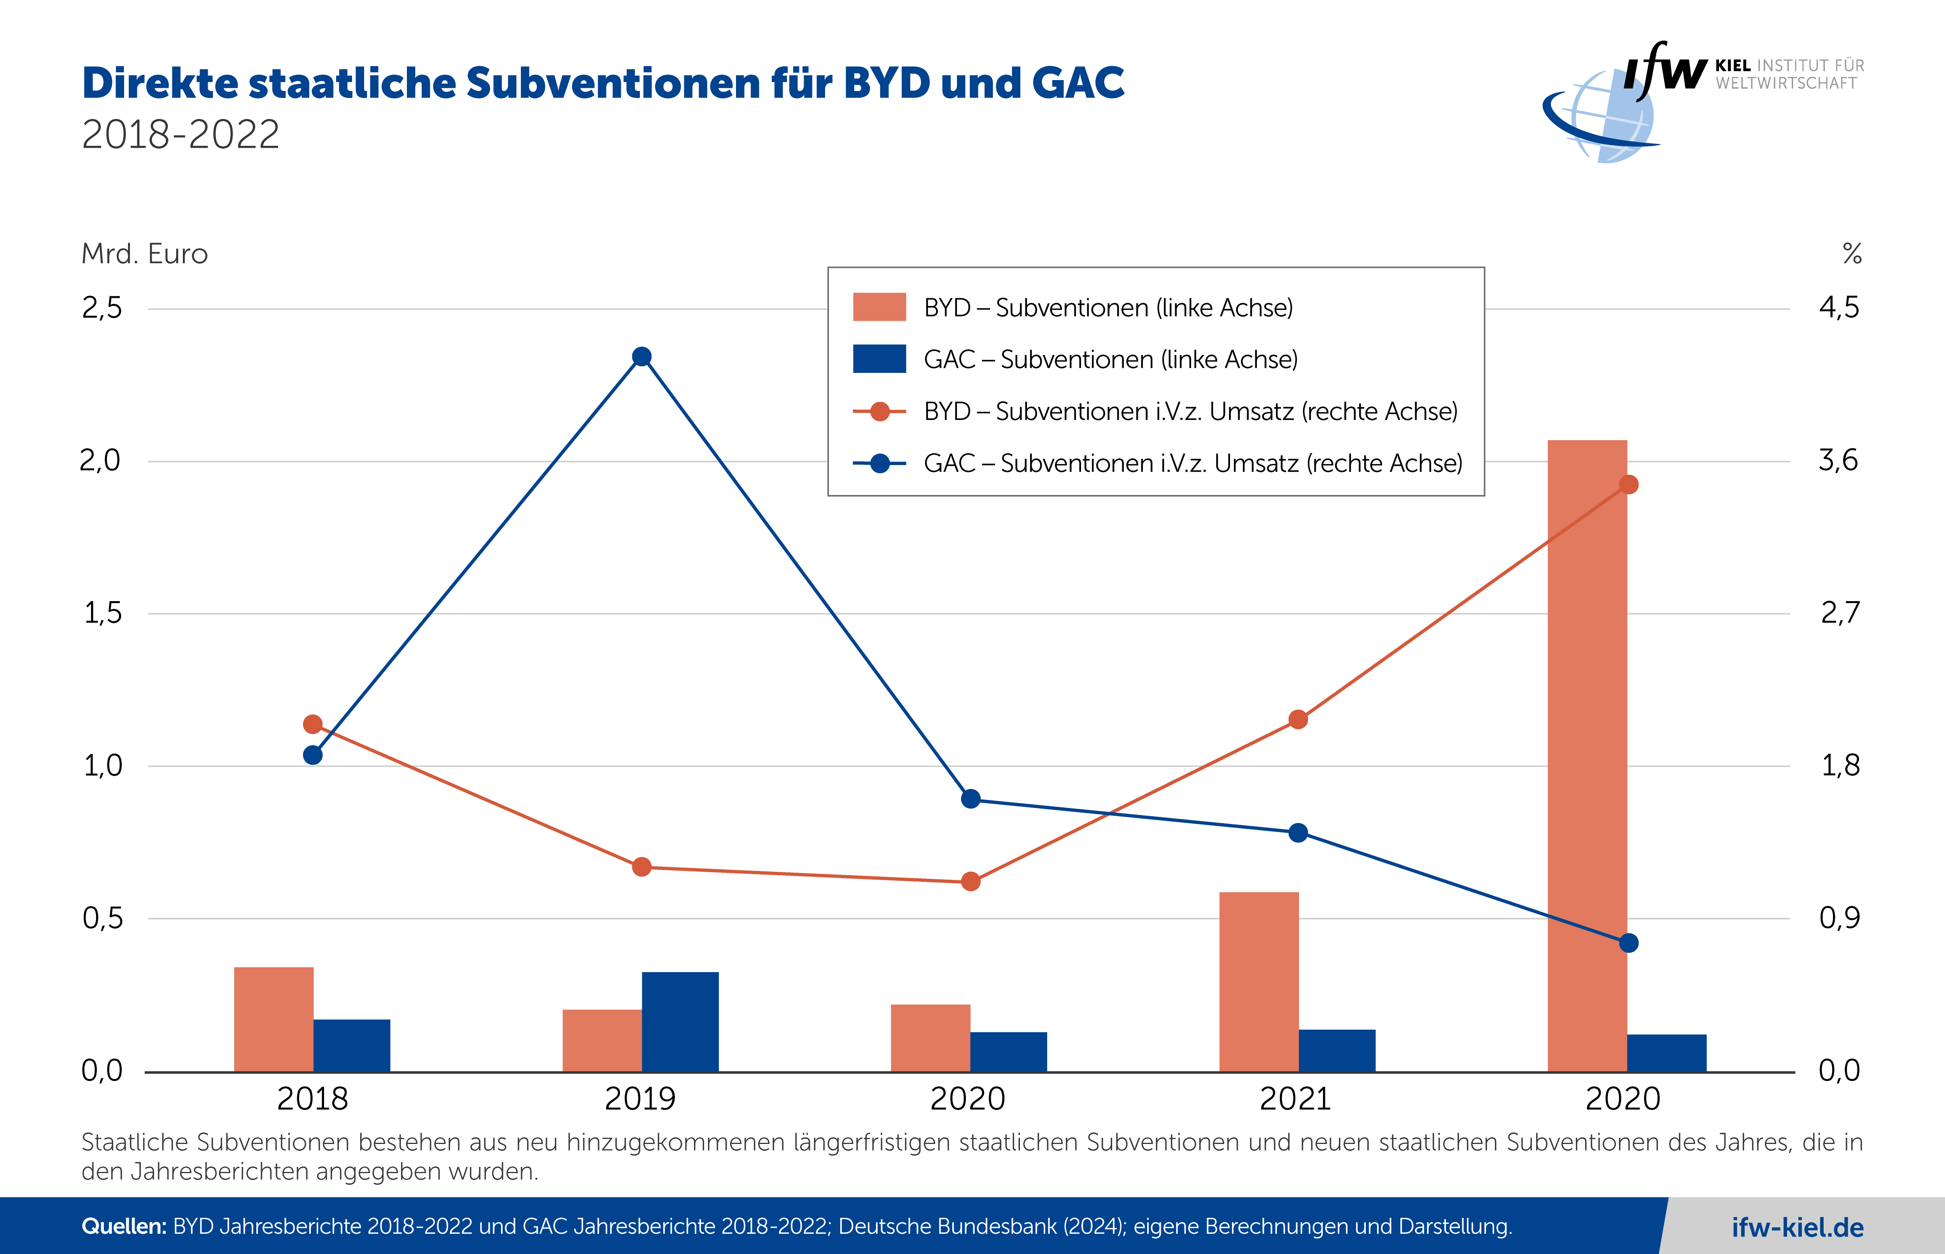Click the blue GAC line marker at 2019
[642, 357]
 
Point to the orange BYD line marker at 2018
[313, 724]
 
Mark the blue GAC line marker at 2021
[1298, 832]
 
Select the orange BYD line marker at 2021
[1298, 719]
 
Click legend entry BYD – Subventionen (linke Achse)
[1108, 308]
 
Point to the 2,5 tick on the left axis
[102, 308]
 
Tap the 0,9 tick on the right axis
[1839, 918]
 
